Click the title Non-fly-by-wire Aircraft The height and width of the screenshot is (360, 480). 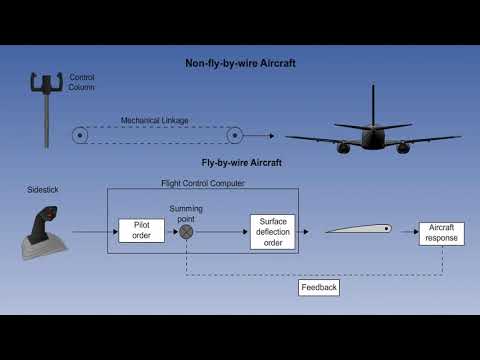pos(240,64)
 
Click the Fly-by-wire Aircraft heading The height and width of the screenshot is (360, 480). pos(240,162)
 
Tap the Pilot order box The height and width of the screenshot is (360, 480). pos(141,230)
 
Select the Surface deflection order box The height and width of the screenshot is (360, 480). pos(273,230)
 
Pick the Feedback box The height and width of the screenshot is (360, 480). pos(318,287)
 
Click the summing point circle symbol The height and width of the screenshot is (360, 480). pos(186,231)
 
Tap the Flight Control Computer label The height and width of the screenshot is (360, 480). pos(202,183)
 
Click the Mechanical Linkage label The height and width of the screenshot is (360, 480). pos(155,121)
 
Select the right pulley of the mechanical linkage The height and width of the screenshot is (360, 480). pos(234,134)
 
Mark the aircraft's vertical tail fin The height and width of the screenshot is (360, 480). pos(373,105)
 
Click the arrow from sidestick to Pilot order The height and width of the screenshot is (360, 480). pos(95,231)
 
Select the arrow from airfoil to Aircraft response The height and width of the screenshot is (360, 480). pos(407,231)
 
